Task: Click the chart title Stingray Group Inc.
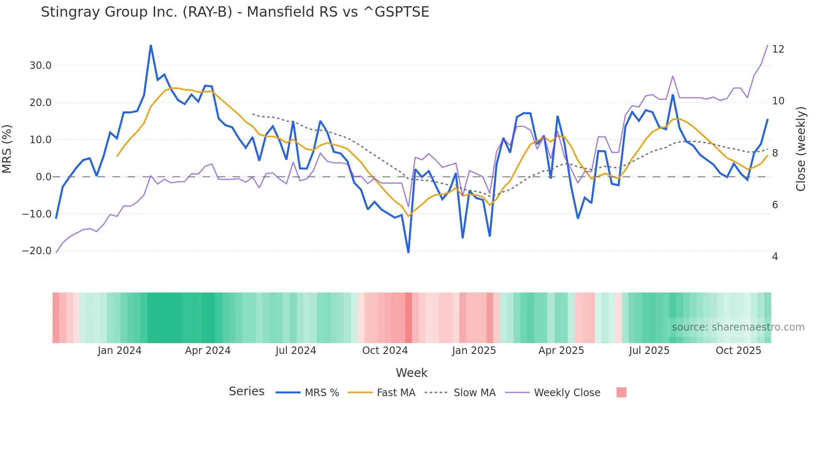point(235,12)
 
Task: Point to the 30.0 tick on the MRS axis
point(40,66)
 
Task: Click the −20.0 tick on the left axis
point(37,251)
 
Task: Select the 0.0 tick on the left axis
point(43,177)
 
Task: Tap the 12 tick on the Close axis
point(778,49)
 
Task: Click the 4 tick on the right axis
point(774,257)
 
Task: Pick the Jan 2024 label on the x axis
point(120,351)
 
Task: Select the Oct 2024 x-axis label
point(385,351)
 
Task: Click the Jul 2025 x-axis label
point(649,351)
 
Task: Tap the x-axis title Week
point(411,373)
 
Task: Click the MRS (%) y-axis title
point(7,149)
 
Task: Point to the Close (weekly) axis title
point(800,149)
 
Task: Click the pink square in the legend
point(621,392)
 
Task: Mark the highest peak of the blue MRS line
point(150,45)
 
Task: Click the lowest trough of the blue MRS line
point(408,252)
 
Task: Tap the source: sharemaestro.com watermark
point(738,327)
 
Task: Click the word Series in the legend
point(246,392)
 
